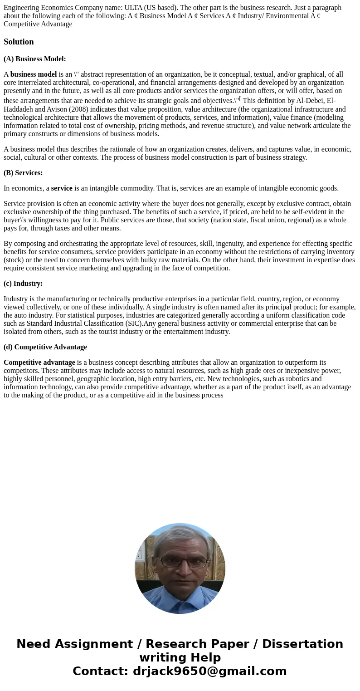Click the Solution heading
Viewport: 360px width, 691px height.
[x=19, y=42]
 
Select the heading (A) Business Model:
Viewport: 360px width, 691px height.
[x=35, y=59]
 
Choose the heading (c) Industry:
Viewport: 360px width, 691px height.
[x=23, y=284]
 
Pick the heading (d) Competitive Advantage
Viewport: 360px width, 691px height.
[x=45, y=347]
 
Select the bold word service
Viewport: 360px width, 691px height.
[x=62, y=188]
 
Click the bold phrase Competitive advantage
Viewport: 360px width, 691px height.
[x=39, y=363]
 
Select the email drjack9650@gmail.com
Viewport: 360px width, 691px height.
[x=209, y=671]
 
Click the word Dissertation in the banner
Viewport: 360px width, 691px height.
[x=302, y=644]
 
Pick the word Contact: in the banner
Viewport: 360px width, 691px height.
[x=100, y=671]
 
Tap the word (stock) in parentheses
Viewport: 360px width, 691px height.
[x=14, y=260]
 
